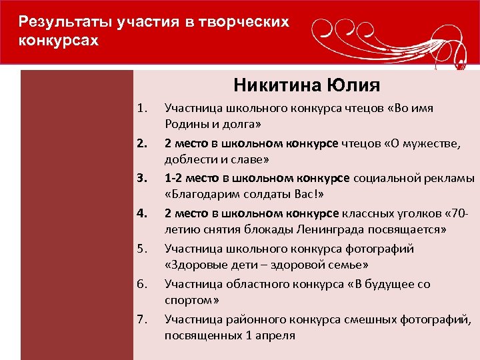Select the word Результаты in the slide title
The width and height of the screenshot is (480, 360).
coord(66,22)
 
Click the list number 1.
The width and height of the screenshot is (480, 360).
coord(141,107)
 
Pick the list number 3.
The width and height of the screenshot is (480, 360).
coord(141,178)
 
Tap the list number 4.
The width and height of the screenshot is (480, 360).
coord(141,213)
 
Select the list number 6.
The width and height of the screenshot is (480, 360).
coord(141,284)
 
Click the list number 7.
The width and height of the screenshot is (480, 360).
coord(141,319)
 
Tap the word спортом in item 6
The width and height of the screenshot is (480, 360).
coord(187,301)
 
